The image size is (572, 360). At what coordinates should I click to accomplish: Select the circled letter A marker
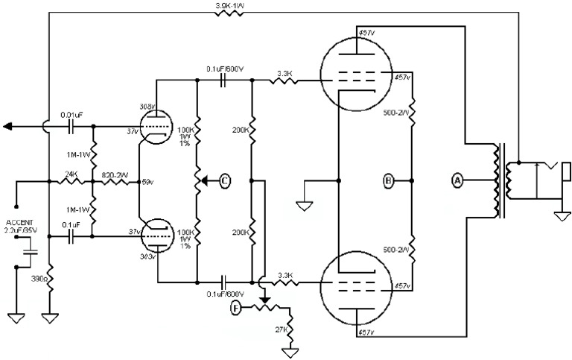(x=457, y=180)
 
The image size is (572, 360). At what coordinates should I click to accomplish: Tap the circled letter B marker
(x=388, y=180)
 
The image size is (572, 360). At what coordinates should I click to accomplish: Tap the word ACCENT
(x=19, y=223)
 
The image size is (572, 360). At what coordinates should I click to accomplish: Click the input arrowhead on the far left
(x=8, y=127)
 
